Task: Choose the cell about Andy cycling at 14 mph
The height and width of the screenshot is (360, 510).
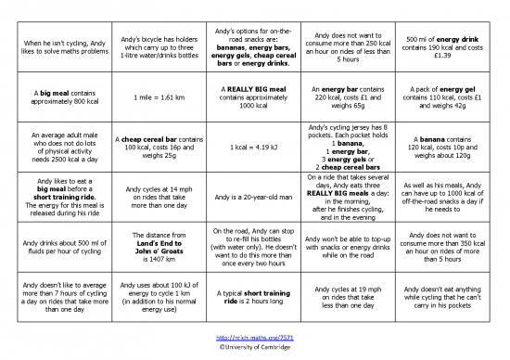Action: coord(148,197)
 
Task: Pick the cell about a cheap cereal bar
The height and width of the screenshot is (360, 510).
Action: coord(148,146)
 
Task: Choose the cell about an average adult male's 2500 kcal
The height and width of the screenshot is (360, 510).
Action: coord(51,146)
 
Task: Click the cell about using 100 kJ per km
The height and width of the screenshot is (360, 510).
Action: coord(148,297)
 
